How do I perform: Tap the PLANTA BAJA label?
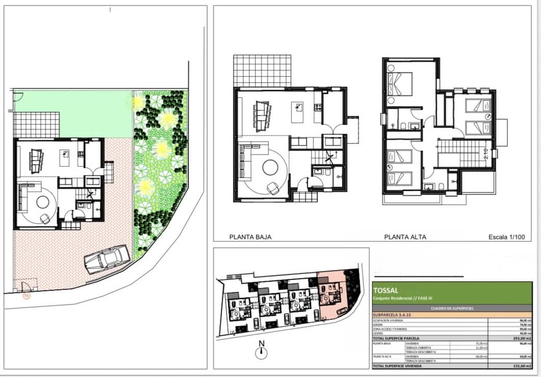(x=250, y=237)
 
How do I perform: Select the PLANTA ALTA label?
(x=405, y=237)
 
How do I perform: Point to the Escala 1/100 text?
(x=506, y=237)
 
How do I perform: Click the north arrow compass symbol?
(x=261, y=351)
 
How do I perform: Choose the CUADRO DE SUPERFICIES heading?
(x=452, y=308)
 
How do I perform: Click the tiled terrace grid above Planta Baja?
(x=262, y=71)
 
